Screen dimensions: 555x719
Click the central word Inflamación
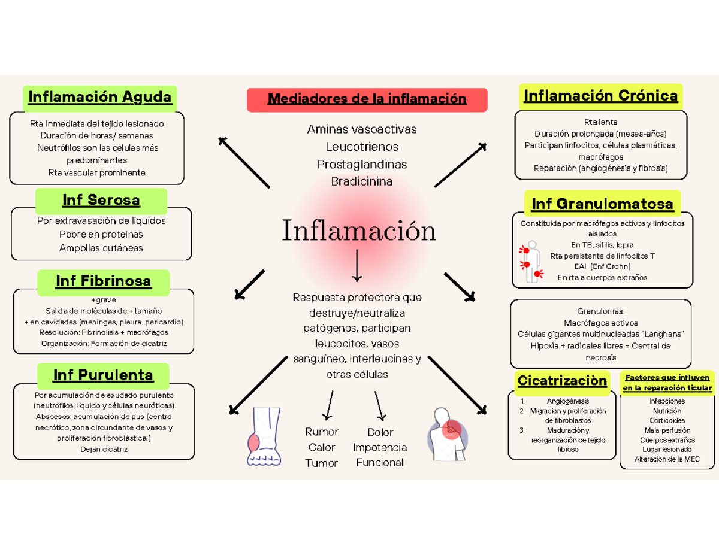(358, 231)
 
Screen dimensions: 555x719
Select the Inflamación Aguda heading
(100, 97)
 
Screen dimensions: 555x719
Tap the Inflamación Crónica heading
(600, 96)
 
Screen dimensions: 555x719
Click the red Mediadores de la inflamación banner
(367, 99)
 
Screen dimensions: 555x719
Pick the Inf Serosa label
(101, 200)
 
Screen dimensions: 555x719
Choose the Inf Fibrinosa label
(103, 281)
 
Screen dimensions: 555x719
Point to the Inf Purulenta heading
(103, 375)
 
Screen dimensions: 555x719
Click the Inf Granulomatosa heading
(602, 204)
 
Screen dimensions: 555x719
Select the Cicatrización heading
(562, 381)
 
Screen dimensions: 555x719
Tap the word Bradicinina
(362, 181)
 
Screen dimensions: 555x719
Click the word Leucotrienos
(362, 147)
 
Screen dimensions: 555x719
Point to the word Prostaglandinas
(362, 164)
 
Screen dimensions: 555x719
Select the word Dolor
(380, 432)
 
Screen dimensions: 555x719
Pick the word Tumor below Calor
(322, 463)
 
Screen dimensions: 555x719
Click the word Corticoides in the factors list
(667, 421)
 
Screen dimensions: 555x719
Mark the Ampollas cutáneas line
(101, 248)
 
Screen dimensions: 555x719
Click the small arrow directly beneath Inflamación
(358, 266)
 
